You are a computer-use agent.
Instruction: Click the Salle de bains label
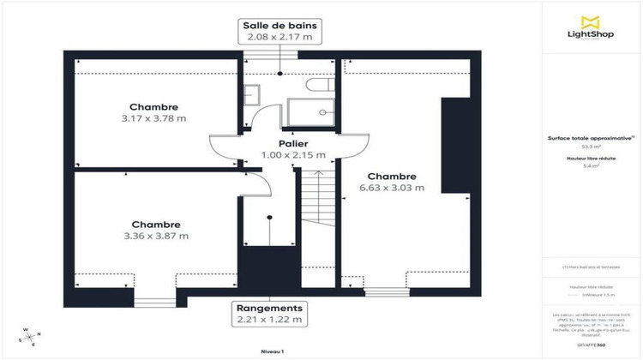coord(279,24)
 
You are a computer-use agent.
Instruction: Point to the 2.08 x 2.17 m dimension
coord(279,37)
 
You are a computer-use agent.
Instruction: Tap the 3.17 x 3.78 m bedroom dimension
coord(154,118)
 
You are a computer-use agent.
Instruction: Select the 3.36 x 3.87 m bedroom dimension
coord(156,236)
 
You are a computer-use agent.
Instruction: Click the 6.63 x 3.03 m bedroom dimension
coord(392,188)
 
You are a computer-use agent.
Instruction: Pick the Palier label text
coord(293,143)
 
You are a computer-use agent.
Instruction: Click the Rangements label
coord(269,308)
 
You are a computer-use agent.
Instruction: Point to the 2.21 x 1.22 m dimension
coord(269,320)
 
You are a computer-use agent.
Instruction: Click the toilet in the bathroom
coord(321,87)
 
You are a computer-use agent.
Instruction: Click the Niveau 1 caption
coord(273,351)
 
